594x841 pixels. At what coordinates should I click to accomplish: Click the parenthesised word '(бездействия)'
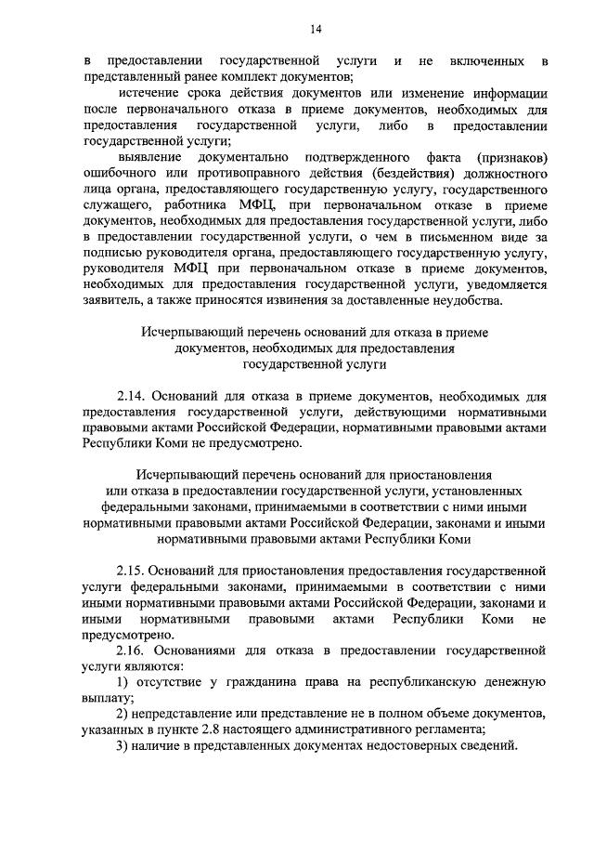[x=373, y=174]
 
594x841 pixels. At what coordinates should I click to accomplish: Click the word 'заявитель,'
[x=114, y=300]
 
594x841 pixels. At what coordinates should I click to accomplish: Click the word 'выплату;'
[x=110, y=698]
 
